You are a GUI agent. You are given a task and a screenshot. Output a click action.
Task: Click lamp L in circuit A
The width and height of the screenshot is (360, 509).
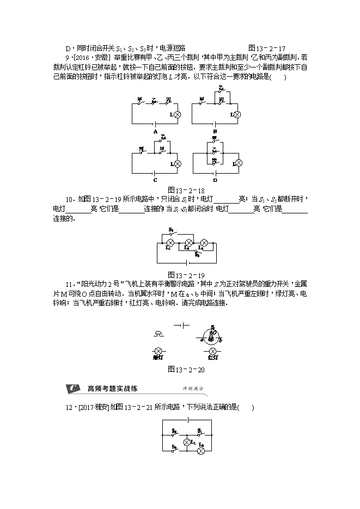pyautogui.click(x=178, y=115)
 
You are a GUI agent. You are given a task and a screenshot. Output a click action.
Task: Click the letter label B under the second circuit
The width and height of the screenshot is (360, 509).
pyautogui.click(x=215, y=132)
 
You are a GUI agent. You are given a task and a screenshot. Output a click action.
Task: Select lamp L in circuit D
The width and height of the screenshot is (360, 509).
pyautogui.click(x=237, y=163)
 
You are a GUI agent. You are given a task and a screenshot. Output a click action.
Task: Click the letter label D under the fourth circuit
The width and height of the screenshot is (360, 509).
pyautogui.click(x=215, y=180)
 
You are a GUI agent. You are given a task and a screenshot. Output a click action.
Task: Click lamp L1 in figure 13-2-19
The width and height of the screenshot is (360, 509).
pyautogui.click(x=169, y=242)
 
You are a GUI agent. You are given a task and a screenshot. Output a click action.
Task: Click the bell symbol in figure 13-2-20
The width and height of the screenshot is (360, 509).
pyautogui.click(x=158, y=332)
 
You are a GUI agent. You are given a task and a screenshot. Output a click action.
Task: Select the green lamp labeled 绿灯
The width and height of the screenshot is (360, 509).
pyautogui.click(x=158, y=351)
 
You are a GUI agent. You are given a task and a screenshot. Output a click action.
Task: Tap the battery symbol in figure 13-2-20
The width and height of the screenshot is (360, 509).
pyautogui.click(x=182, y=325)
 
